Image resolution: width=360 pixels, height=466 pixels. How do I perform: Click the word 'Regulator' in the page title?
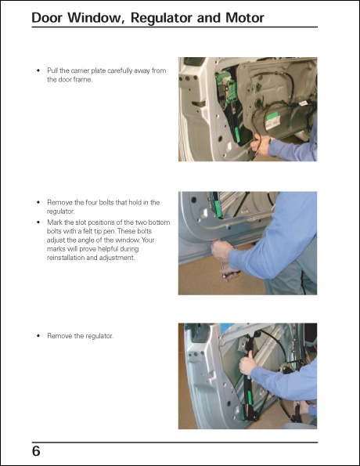point(160,17)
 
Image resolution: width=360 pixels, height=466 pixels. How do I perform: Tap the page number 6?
point(37,453)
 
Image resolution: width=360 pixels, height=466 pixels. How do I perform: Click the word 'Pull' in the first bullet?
point(54,71)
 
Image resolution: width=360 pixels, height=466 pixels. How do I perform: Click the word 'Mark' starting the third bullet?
point(56,222)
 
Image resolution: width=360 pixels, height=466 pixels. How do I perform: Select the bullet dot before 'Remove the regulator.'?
point(39,336)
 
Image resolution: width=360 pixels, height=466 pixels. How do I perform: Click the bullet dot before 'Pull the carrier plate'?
point(39,71)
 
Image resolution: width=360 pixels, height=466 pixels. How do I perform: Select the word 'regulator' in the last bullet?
point(96,336)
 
